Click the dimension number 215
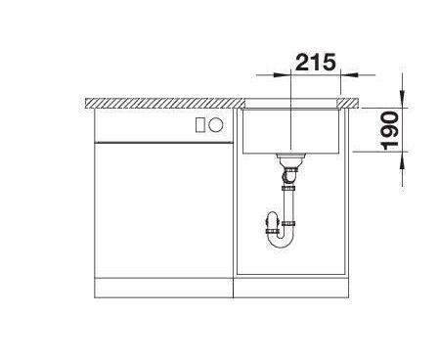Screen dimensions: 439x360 pos(315,62)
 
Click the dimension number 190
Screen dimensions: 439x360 pos(390,130)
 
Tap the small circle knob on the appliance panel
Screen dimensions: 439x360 pos(216,125)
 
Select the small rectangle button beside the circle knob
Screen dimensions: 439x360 pos(199,125)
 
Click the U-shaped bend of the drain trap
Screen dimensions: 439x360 pos(280,242)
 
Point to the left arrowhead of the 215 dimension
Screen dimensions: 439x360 pos(282,75)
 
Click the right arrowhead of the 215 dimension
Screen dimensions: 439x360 pos(349,75)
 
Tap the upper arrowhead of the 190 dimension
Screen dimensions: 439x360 pos(404,99)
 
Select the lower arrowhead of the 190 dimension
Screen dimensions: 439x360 pos(404,160)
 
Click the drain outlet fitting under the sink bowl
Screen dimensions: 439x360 pos(290,158)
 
